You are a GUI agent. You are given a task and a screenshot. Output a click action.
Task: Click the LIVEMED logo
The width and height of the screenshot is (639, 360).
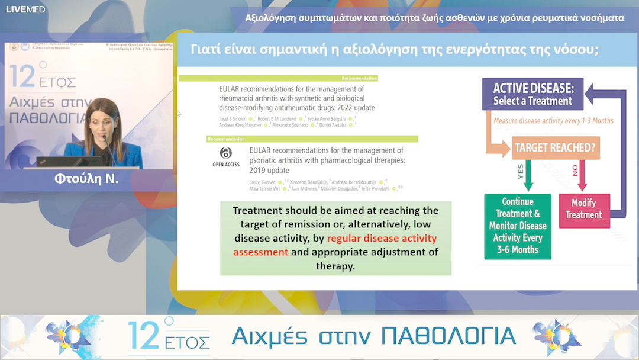25,9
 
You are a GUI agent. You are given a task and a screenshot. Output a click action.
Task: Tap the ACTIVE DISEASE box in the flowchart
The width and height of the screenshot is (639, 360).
532,94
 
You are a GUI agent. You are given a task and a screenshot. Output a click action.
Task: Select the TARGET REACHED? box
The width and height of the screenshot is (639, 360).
555,147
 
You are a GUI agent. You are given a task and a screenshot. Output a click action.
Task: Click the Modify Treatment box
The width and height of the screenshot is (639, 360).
584,208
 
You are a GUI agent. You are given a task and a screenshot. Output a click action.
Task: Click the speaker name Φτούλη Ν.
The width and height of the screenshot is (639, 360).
86,178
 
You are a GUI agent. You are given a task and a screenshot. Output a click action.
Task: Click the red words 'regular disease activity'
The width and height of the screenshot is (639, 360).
382,239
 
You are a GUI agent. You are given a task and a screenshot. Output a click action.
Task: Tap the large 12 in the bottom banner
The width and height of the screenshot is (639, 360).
144,334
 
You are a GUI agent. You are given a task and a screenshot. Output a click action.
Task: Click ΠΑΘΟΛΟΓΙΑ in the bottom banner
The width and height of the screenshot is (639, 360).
448,336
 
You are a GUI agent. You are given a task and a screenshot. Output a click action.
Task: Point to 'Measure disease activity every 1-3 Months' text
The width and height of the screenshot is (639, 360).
553,121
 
